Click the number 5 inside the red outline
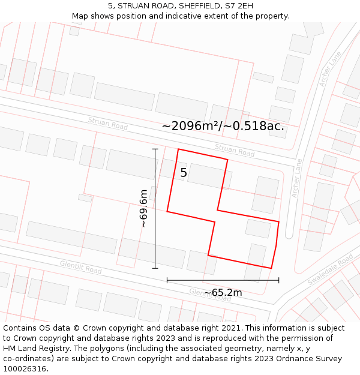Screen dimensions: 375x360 [184, 173]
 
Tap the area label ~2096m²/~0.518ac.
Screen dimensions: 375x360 [223, 126]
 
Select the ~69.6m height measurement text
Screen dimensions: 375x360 [143, 208]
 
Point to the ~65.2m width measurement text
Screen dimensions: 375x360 [223, 293]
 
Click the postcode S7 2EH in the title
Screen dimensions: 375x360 [239, 5]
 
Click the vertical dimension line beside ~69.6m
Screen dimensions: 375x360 [155, 208]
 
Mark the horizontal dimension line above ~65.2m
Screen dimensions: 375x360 [223, 280]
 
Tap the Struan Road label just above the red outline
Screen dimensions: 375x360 [235, 150]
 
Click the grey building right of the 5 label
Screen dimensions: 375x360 [209, 176]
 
